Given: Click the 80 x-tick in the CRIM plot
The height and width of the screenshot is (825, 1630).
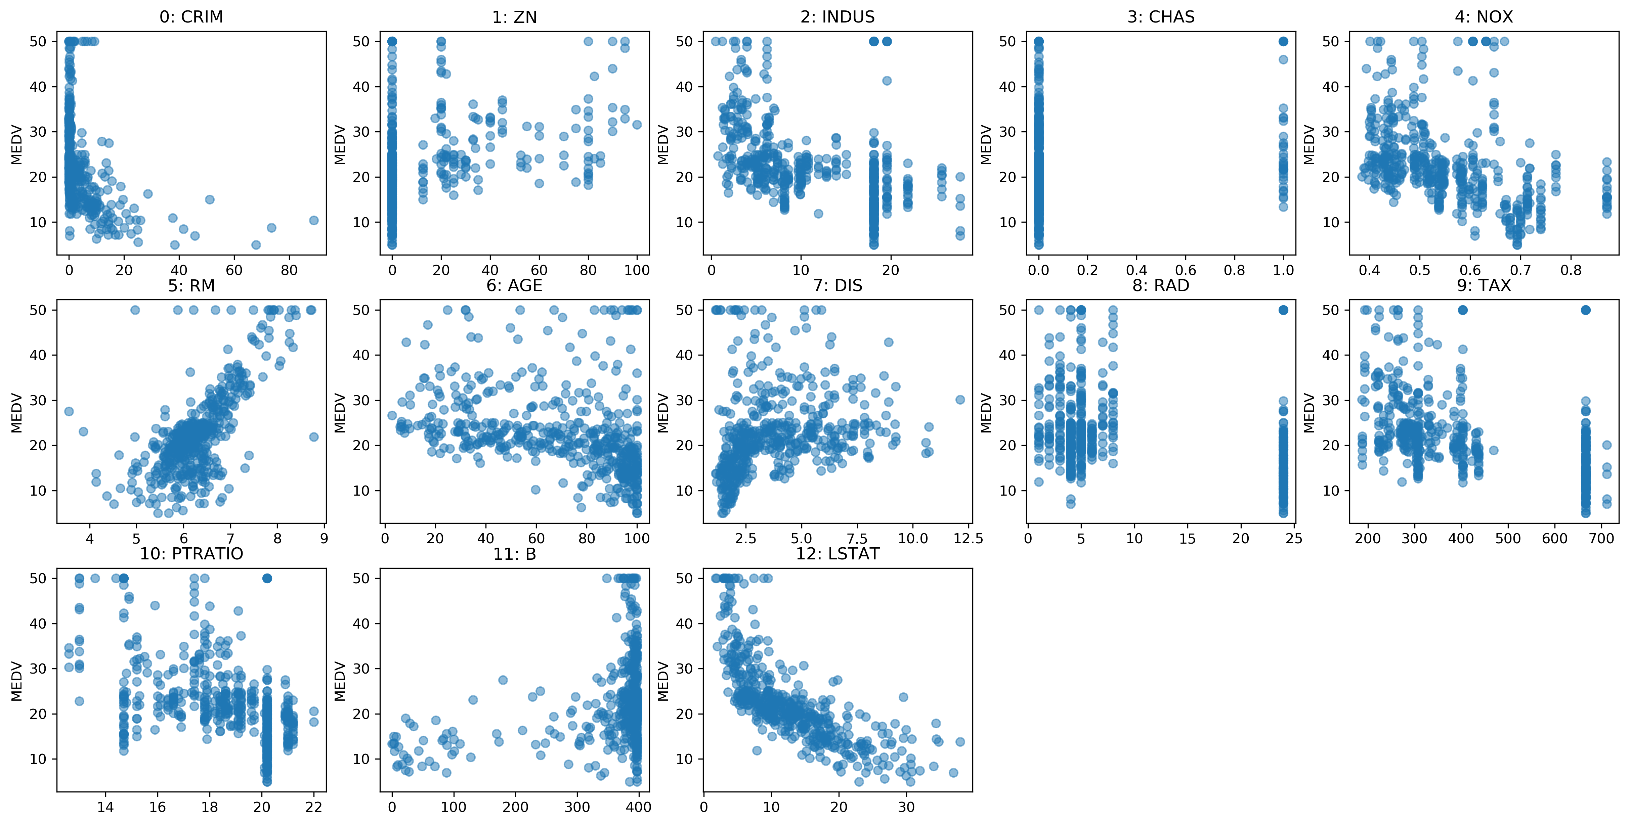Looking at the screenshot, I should tap(289, 270).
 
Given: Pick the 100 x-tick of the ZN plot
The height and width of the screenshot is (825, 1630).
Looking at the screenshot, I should tap(637, 270).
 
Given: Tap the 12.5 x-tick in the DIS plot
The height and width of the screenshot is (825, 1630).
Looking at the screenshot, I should tap(968, 538).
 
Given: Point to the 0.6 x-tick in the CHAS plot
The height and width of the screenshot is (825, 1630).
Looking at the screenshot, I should tap(1185, 270).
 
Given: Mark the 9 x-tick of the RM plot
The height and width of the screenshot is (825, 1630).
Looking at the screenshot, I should tap(324, 538).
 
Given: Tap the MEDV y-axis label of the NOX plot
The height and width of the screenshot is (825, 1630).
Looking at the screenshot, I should tap(1309, 144).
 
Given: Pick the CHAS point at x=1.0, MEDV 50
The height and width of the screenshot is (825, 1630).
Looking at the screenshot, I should tap(1283, 41).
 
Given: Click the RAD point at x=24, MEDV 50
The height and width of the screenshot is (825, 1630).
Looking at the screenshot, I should tap(1283, 310).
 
